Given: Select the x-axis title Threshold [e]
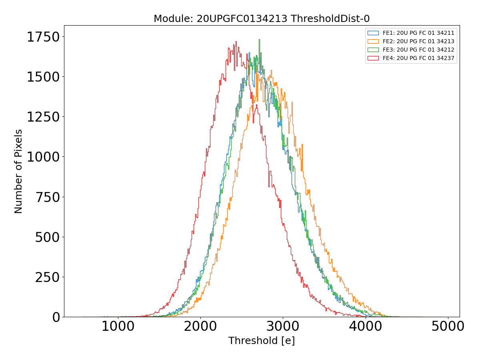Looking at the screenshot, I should pos(262,341).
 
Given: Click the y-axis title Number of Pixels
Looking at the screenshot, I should pos(18,171).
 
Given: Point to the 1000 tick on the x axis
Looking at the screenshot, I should pos(118,326).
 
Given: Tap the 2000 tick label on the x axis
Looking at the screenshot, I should pos(200,326).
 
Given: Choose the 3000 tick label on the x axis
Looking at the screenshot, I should pos(283,326).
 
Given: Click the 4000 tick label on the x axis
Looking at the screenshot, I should pos(365,326).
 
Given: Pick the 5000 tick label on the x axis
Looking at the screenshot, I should pos(448,326).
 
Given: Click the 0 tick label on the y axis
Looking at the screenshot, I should pos(56,317).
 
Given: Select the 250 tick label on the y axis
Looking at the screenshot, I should pos(47,277).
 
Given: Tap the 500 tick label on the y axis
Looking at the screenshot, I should pos(47,237).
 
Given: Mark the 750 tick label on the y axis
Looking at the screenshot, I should pos(47,197).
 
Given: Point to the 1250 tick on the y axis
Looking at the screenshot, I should pos(43,117).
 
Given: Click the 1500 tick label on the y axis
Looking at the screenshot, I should pos(43,77).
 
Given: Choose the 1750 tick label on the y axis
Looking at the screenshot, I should pos(43,37).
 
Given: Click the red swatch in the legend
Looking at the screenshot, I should pos(373,58).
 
